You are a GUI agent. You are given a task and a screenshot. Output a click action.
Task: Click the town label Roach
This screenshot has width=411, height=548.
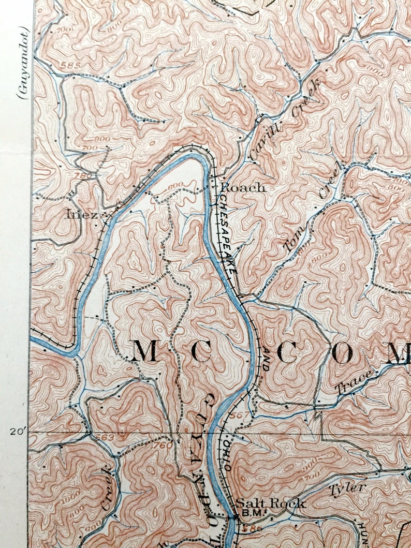click(243, 188)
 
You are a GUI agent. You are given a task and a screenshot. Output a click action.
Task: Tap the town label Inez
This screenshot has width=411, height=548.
click(81, 214)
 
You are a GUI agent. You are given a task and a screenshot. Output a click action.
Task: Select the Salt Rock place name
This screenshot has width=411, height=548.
click(270, 503)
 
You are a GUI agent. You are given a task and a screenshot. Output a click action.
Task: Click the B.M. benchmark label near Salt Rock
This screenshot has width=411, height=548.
click(248, 514)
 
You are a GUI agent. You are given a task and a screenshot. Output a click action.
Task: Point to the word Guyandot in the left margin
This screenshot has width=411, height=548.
click(23, 62)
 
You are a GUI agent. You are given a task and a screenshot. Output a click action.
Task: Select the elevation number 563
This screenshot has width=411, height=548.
click(105, 437)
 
